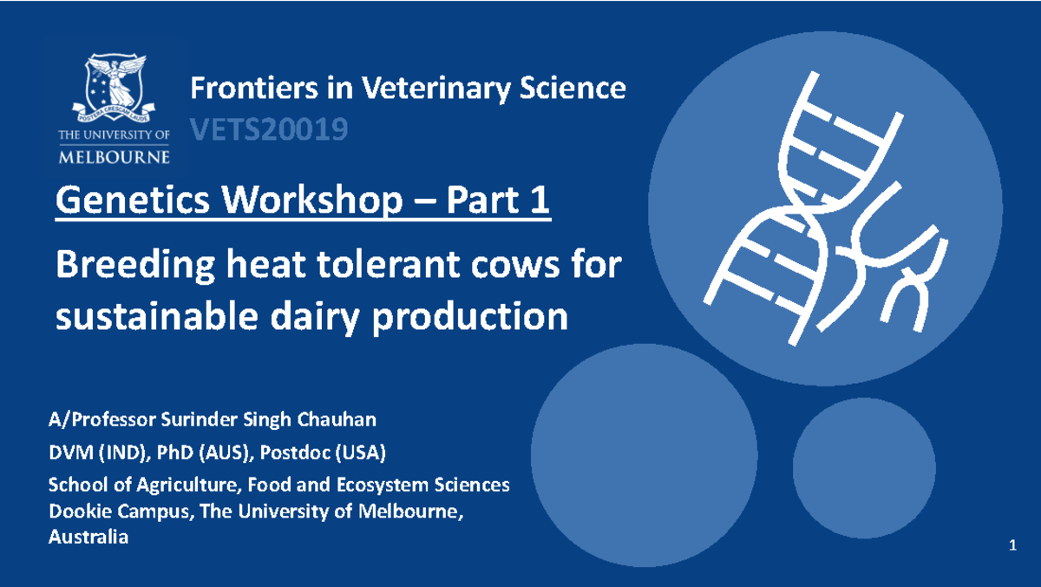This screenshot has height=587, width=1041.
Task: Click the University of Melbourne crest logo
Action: click(116, 88)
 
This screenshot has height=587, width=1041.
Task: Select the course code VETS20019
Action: click(269, 130)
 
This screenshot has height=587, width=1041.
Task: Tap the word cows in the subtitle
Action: click(519, 265)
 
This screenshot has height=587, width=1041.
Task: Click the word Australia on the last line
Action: click(88, 538)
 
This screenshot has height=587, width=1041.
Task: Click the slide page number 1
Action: click(1012, 545)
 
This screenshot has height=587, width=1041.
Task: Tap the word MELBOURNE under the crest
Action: click(114, 156)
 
